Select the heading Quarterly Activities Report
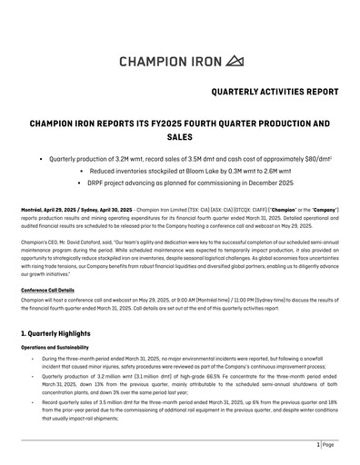[274, 93]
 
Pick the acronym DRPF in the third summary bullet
[124, 182]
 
